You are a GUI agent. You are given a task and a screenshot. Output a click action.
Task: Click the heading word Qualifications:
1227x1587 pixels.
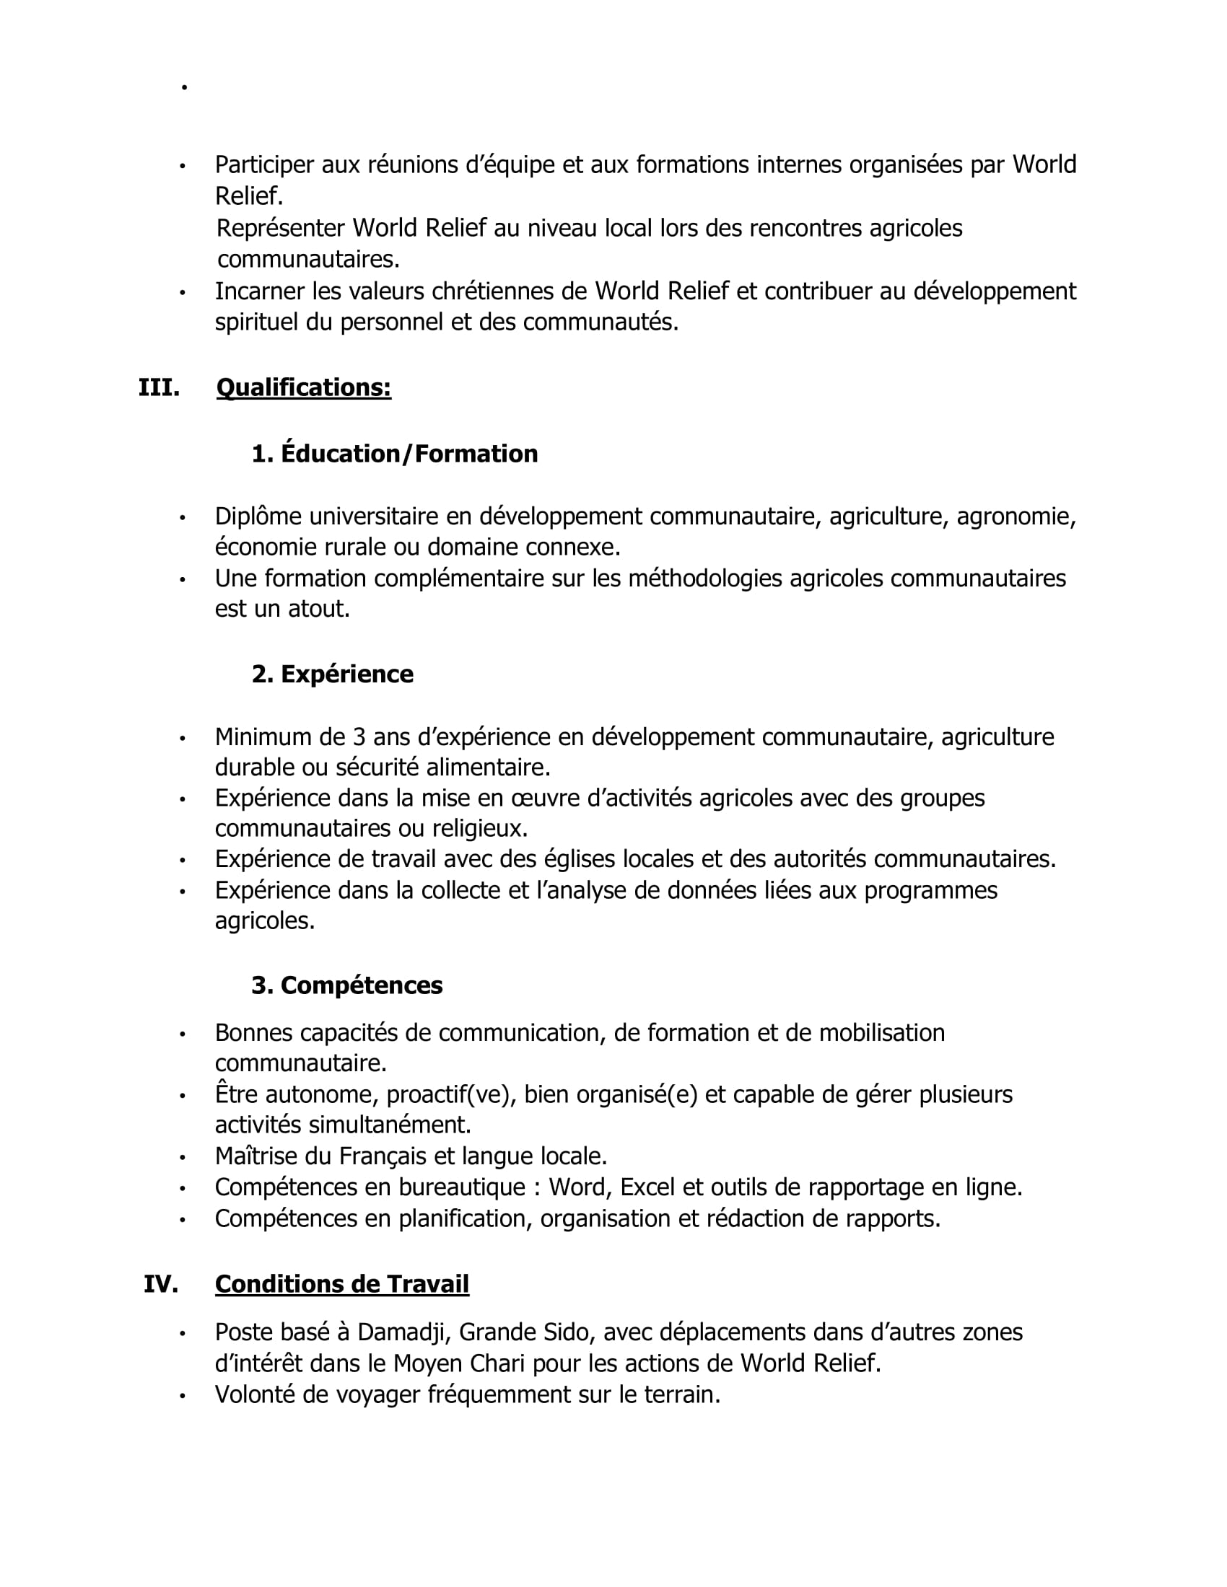click(x=304, y=388)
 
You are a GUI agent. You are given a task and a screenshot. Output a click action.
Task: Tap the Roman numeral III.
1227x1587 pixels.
click(x=160, y=388)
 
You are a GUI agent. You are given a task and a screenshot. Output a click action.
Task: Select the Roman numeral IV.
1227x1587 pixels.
click(x=161, y=1284)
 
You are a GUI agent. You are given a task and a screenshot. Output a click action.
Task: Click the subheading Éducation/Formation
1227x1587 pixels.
click(x=409, y=454)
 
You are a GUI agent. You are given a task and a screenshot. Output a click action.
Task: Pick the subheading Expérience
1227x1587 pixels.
click(x=346, y=674)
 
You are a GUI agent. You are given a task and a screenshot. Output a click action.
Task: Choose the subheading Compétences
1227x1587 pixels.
click(x=362, y=985)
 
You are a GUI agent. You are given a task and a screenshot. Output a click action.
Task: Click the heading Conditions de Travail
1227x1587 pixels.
click(x=341, y=1284)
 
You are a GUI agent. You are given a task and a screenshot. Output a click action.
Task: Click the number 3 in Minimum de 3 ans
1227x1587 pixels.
click(x=359, y=737)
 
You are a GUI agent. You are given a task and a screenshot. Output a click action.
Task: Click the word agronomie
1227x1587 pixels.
click(x=1016, y=516)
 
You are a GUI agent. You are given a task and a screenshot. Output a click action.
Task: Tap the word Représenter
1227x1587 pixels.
click(x=281, y=228)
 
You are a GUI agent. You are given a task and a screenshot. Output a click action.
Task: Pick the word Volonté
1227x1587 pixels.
click(x=254, y=1395)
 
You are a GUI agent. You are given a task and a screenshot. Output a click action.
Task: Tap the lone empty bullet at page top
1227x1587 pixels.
click(x=185, y=88)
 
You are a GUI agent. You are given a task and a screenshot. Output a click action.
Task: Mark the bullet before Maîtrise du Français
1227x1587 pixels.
click(x=183, y=1158)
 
